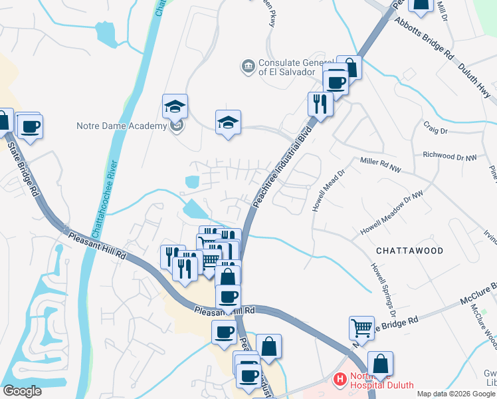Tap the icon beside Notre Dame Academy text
[176, 126]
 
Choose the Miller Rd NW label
[381, 165]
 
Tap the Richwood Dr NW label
[450, 156]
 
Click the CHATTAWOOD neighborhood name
[409, 251]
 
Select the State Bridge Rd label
[22, 163]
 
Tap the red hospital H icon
[340, 380]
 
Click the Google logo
[22, 391]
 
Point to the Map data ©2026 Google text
[456, 394]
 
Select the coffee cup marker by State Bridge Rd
[29, 126]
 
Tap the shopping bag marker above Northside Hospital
[380, 364]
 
